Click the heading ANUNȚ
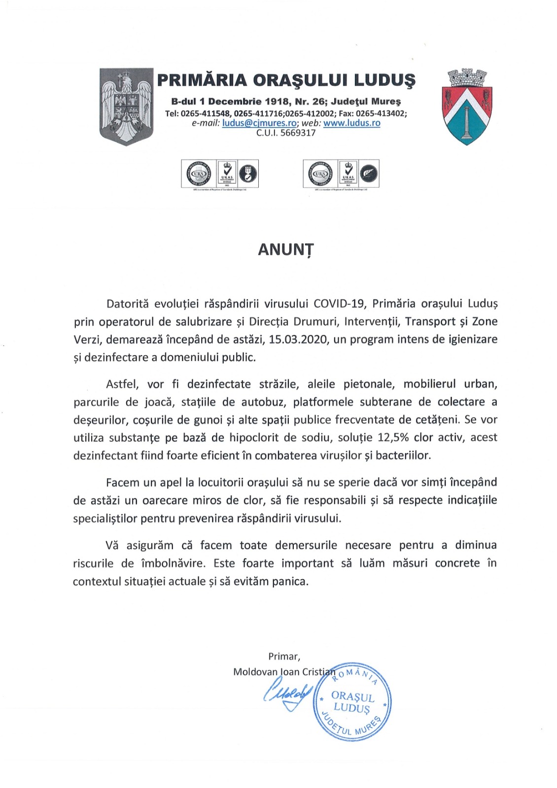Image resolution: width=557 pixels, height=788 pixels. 285,250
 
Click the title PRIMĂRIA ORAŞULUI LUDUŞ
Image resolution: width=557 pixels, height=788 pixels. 286,80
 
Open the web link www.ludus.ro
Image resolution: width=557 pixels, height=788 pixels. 351,123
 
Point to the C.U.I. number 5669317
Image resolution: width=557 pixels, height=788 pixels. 298,133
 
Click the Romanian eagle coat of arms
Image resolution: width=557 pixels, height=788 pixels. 126,107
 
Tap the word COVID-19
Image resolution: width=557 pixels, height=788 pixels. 340,303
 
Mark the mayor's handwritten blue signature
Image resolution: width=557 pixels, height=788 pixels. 288,695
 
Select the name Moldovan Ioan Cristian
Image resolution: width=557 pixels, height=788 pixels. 283,672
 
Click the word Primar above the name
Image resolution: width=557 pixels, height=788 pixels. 283,657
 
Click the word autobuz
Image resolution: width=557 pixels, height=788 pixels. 263,402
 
